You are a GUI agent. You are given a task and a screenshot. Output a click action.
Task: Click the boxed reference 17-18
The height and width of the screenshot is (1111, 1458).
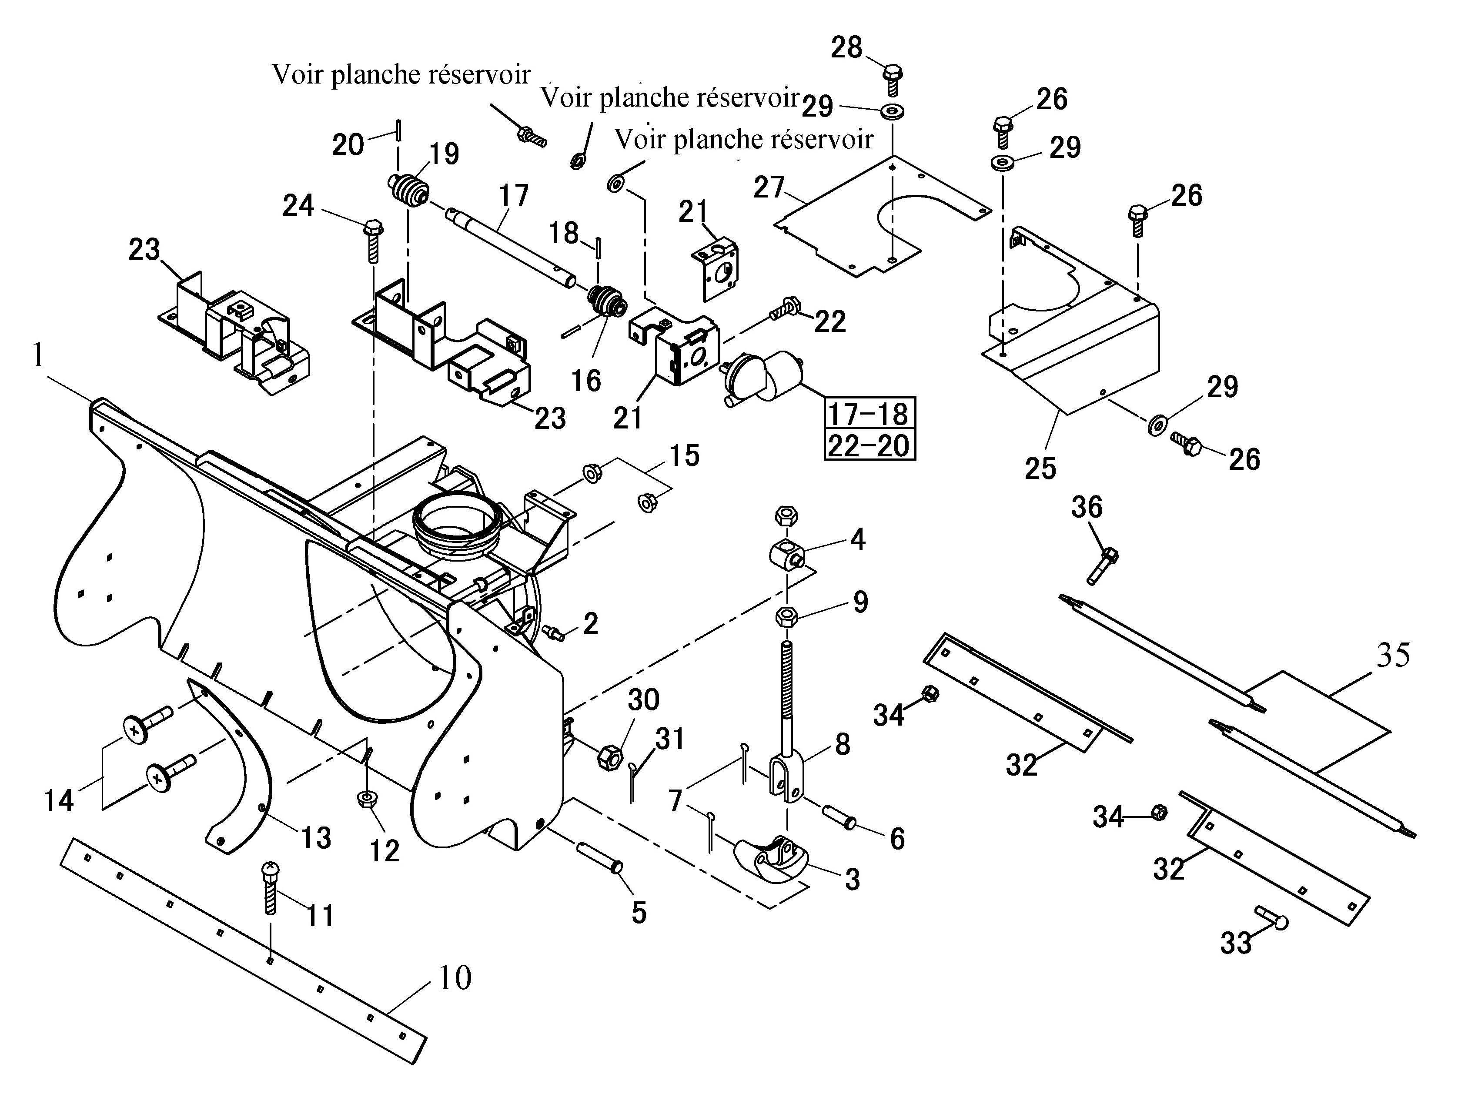click(x=869, y=413)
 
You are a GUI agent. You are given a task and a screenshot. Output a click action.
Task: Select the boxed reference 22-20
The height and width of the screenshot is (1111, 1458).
click(x=869, y=445)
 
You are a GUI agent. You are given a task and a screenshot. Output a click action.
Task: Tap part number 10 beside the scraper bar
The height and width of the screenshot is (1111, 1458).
click(x=455, y=977)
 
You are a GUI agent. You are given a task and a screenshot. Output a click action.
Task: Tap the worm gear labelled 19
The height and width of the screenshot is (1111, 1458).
click(x=408, y=188)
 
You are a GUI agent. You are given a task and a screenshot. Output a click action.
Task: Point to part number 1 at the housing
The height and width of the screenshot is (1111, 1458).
click(x=38, y=356)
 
